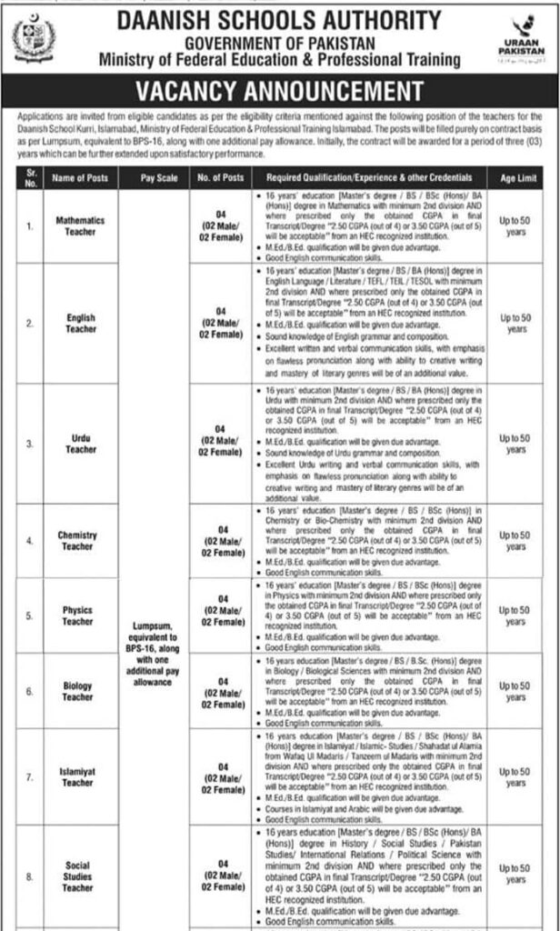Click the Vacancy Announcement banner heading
[279, 92]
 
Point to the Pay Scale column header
[156, 178]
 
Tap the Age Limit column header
[515, 178]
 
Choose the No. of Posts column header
[220, 178]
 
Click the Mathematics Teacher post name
[80, 225]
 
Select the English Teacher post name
[80, 324]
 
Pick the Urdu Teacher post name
[80, 443]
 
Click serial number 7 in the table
[29, 776]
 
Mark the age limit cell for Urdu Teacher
[515, 444]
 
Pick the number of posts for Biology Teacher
[221, 692]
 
